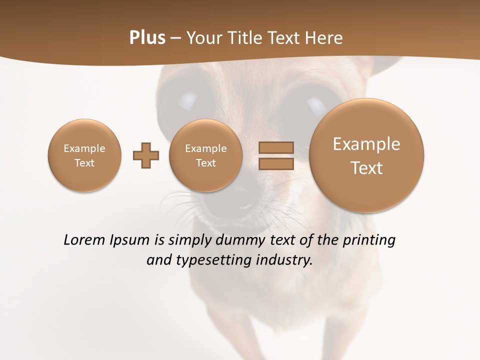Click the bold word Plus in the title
[147, 38]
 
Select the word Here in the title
[325, 38]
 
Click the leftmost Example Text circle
[84, 155]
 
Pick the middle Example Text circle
[205, 155]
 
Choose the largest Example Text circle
[366, 155]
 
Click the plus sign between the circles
[146, 155]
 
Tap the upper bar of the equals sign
[276, 147]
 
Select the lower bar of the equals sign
[276, 163]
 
